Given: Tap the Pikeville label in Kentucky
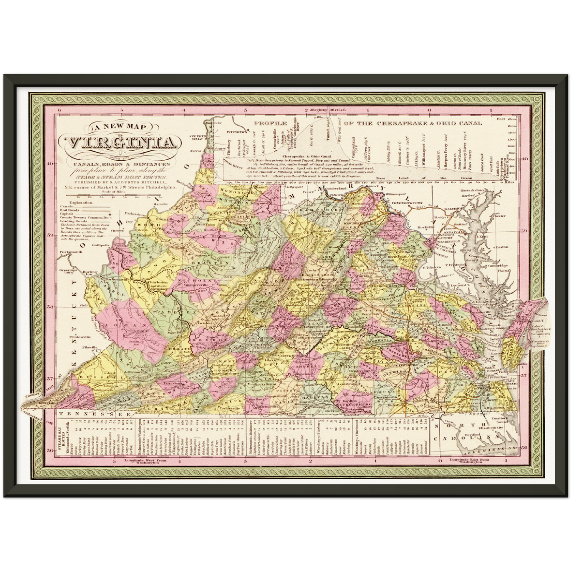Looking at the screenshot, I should point(90,347).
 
